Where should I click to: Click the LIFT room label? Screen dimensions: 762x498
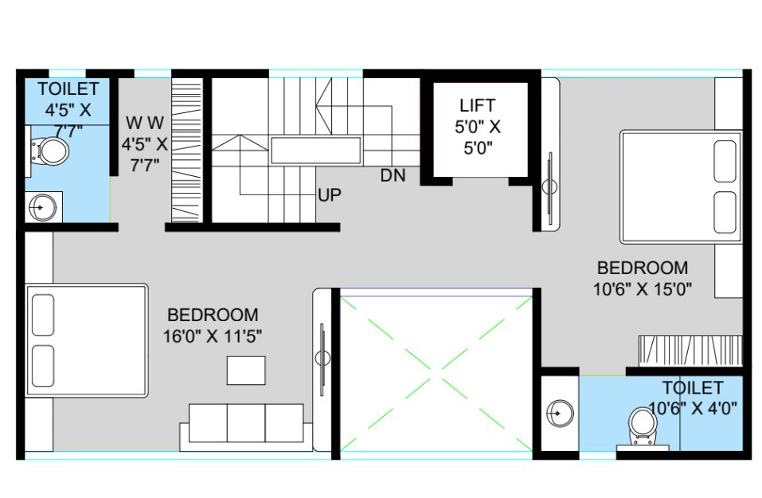click(478, 105)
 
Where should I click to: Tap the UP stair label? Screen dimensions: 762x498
click(330, 195)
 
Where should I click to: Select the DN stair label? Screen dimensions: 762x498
click(393, 175)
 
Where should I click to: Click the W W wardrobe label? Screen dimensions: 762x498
click(145, 123)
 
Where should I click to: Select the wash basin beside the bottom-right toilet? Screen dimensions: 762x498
click(559, 414)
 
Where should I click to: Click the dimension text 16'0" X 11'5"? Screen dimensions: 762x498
click(213, 336)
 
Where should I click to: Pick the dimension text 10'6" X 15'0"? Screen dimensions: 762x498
click(642, 289)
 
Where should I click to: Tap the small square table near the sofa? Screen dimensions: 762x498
click(246, 371)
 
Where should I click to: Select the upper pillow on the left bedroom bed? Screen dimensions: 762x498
click(43, 316)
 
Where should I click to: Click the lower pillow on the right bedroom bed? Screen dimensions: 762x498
click(725, 212)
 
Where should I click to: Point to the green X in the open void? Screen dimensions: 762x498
click(436, 374)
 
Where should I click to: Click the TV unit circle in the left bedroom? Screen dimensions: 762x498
click(322, 359)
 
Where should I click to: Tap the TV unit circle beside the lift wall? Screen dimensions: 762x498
click(549, 186)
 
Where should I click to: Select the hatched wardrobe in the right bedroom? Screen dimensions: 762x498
click(690, 350)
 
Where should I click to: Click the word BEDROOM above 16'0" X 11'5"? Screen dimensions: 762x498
click(213, 316)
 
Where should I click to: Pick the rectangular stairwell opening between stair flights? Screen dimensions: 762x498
click(316, 151)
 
